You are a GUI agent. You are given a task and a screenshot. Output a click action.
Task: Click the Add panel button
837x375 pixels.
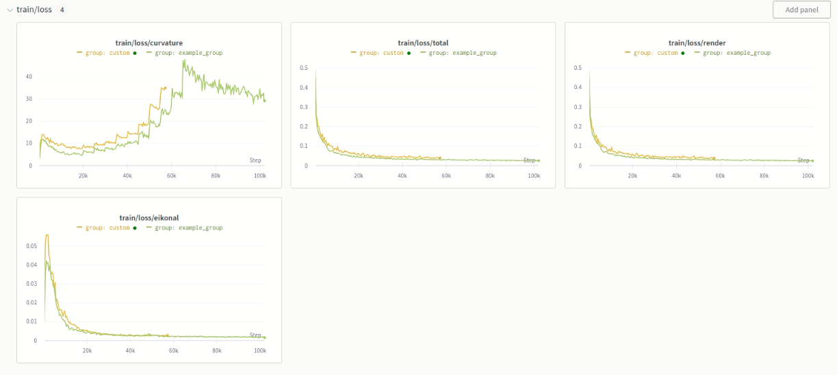801,10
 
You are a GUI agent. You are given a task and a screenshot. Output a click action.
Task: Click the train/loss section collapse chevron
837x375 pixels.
10,10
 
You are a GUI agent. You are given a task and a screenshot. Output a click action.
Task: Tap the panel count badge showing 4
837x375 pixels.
62,10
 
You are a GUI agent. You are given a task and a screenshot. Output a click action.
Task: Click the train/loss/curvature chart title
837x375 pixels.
149,43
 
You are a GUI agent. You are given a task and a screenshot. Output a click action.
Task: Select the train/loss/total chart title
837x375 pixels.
423,43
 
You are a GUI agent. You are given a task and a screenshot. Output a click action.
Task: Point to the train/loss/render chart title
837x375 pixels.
697,43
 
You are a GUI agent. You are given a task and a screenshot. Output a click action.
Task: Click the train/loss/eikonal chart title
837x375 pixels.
149,218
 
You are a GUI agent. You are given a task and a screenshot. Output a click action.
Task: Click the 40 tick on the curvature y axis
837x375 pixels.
29,77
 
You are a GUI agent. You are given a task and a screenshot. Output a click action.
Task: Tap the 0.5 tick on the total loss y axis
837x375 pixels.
303,68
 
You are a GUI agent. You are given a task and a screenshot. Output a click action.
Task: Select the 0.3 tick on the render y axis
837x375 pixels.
577,107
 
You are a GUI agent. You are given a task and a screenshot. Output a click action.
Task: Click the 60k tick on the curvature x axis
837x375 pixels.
171,176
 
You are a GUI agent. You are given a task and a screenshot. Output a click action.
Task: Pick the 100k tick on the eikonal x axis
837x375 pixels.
260,351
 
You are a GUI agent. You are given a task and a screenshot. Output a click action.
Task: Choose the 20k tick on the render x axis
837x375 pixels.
632,176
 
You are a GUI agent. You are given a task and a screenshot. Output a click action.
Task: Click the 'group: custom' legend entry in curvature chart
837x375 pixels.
107,53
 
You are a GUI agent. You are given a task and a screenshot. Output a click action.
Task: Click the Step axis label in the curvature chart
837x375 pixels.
255,160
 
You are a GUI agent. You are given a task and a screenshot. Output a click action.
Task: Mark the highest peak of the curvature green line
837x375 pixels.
183,60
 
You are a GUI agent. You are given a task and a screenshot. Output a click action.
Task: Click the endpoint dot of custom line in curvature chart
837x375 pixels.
165,88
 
